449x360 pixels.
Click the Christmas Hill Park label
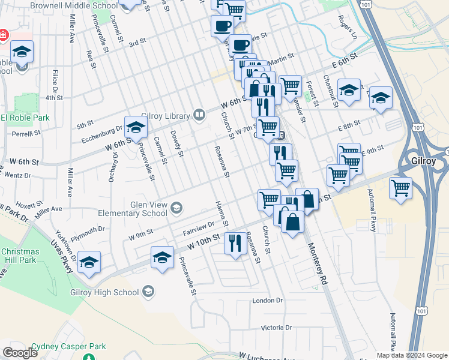(19, 256)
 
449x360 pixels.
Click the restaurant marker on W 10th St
(234, 243)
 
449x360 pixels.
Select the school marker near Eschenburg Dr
(136, 127)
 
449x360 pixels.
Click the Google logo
(20, 353)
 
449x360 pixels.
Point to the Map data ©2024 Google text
(411, 355)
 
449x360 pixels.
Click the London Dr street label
(267, 300)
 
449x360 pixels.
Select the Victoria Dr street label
(276, 328)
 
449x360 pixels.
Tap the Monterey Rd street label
(317, 263)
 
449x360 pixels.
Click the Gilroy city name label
(427, 162)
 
